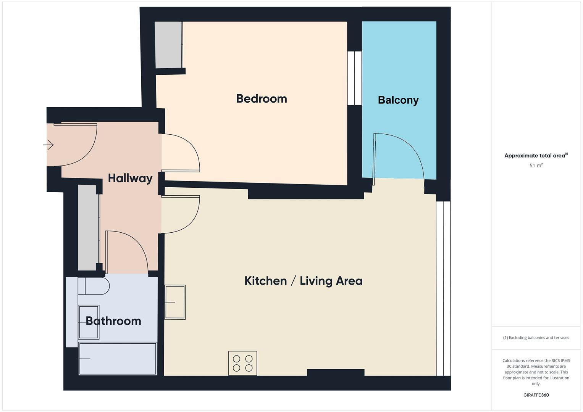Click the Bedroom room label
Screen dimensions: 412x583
click(262, 99)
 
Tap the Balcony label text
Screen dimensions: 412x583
click(398, 100)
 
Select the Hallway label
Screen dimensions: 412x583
click(130, 178)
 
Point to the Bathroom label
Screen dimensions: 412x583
click(113, 321)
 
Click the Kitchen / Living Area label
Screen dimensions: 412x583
click(303, 281)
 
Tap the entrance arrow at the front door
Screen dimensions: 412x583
click(48, 145)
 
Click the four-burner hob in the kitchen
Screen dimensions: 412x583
click(243, 363)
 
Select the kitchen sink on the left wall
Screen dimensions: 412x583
click(175, 302)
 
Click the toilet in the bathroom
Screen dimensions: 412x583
click(94, 286)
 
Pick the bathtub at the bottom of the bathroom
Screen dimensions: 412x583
click(118, 359)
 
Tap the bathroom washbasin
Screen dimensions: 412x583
click(89, 322)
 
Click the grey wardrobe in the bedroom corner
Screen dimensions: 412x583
click(168, 45)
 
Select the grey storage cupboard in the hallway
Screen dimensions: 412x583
click(88, 228)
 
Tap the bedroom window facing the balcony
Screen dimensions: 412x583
click(354, 78)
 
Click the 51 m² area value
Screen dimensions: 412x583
click(536, 166)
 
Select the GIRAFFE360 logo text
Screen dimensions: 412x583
click(536, 395)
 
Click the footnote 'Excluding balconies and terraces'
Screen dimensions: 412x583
click(536, 338)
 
